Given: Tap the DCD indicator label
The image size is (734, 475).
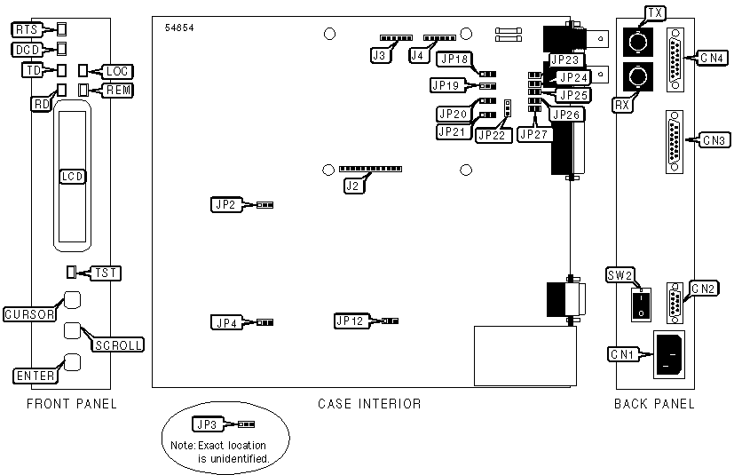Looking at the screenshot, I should click(x=28, y=50).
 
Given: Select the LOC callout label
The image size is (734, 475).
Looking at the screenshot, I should click(x=117, y=70).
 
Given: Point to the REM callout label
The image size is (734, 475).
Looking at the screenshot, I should click(x=118, y=90).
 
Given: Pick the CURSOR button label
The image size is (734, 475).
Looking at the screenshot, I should click(x=30, y=314).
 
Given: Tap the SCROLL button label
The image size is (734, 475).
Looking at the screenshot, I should click(x=118, y=344).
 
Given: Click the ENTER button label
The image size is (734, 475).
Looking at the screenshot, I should click(x=35, y=376).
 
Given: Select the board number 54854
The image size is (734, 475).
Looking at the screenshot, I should click(x=179, y=28).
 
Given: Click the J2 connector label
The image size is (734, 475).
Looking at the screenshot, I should click(x=353, y=186).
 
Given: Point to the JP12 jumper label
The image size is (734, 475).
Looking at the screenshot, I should click(x=350, y=320).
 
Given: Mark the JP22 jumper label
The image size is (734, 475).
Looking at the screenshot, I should click(x=491, y=135).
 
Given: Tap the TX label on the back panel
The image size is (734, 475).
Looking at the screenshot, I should click(x=655, y=12).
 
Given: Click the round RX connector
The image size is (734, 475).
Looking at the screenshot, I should click(x=636, y=78).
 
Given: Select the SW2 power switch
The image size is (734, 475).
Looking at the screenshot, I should click(x=639, y=306).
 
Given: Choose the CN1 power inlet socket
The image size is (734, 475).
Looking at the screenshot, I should click(x=671, y=354).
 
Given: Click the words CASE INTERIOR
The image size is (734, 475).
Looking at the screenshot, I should click(x=368, y=405).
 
